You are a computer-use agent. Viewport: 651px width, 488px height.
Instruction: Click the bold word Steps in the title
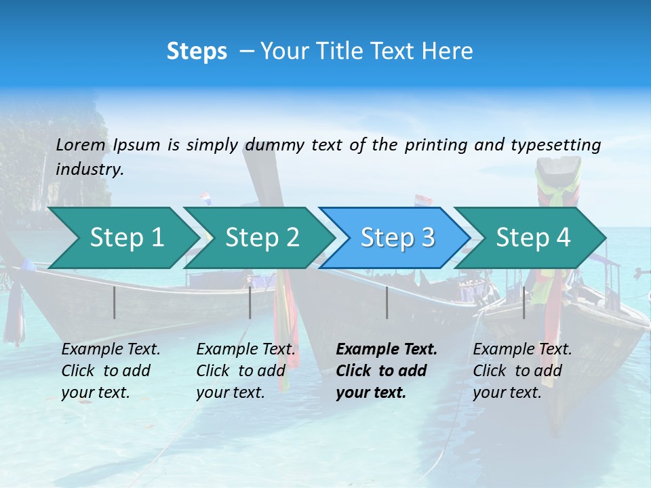pyautogui.click(x=197, y=52)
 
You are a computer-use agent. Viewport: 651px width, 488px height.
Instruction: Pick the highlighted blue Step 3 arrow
pyautogui.click(x=397, y=238)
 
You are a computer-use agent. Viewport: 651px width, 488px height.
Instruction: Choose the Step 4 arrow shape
pyautogui.click(x=533, y=238)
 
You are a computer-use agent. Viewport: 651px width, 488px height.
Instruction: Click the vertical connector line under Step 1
pyautogui.click(x=115, y=302)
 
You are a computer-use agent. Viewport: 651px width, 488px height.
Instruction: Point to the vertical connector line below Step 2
pyautogui.click(x=250, y=302)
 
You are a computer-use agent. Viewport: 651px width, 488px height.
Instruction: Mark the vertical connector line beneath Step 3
pyautogui.click(x=387, y=302)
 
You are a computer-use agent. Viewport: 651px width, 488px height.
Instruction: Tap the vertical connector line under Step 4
pyautogui.click(x=524, y=302)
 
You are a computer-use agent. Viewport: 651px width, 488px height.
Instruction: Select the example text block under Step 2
pyautogui.click(x=245, y=371)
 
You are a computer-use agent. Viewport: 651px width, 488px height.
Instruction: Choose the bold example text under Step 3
pyautogui.click(x=386, y=371)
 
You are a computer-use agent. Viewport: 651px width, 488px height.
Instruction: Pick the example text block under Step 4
pyautogui.click(x=521, y=371)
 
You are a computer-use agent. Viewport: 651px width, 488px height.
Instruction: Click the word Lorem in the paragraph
pyautogui.click(x=81, y=144)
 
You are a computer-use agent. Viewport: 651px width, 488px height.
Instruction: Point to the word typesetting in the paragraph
pyautogui.click(x=555, y=144)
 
